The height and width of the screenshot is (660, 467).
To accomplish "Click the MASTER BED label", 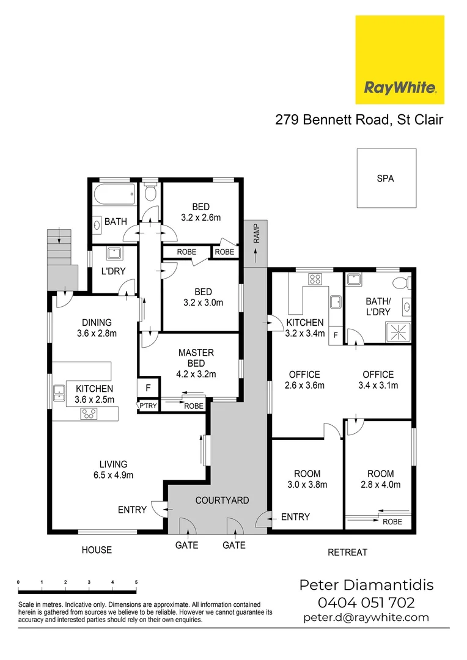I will coord(196,353).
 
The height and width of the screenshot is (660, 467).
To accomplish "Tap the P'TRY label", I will coord(146,405).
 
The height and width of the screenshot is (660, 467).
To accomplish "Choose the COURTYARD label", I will coord(222,500).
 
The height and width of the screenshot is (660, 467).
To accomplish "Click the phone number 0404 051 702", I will coord(367,603).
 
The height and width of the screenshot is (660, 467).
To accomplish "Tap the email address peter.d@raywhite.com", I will coord(366,618).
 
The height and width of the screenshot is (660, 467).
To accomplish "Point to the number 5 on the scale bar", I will coord(136,582).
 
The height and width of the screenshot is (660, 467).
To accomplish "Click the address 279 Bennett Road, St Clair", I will coord(359,120).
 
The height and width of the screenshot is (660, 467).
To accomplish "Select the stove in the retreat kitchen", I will coord(315,279).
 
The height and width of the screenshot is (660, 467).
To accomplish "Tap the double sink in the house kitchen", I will coord(59,392).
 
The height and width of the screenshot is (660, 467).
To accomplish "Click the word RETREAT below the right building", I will coord(348,552).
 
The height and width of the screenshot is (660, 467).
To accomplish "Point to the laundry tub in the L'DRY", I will coord(114,253).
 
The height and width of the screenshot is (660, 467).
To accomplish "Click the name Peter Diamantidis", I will coord(366,585).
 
